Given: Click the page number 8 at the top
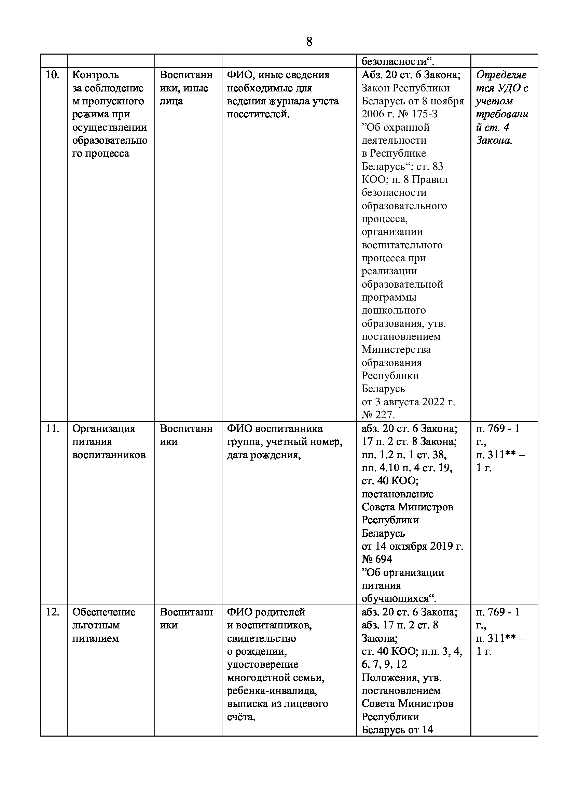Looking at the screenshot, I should [309, 42].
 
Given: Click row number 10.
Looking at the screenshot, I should [52, 75].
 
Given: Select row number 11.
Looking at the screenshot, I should [52, 429].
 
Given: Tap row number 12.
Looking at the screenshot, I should [52, 612].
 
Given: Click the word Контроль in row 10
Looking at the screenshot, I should [95, 75].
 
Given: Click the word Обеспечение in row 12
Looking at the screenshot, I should [104, 612].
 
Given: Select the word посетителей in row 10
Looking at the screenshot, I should [258, 114].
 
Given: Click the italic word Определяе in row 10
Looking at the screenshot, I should [501, 75].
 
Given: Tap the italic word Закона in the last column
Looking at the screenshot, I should [494, 141].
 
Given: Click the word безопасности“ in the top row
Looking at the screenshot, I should [398, 62].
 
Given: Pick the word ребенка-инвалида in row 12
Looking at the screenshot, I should [272, 691].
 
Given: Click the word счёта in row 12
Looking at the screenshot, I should [241, 717].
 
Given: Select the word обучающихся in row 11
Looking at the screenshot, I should [399, 598].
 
